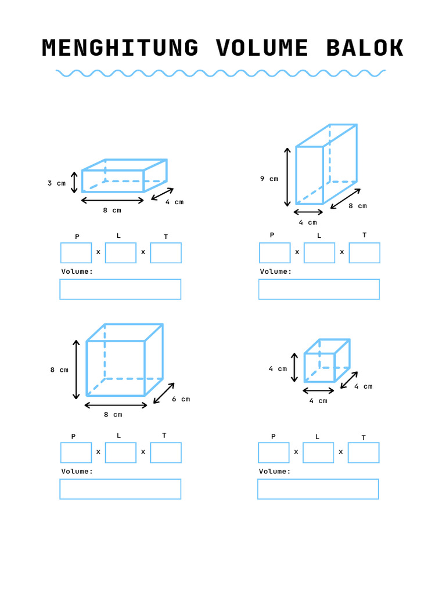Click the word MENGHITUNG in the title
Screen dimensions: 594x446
pos(120,49)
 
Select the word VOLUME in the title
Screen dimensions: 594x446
pos(262,49)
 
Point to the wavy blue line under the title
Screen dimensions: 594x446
pos(221,73)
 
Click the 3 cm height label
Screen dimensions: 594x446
pos(56,183)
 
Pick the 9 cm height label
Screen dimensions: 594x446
pos(269,179)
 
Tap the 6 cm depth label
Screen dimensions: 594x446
pos(181,399)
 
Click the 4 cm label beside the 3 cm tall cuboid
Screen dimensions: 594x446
pos(174,202)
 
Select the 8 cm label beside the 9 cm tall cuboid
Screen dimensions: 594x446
pos(358,206)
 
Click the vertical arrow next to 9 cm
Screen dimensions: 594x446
pos(287,177)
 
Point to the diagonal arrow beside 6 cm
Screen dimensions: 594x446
pos(164,393)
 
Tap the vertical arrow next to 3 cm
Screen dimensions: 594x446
pos(74,182)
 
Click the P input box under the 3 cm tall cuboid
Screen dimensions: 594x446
pos(76,253)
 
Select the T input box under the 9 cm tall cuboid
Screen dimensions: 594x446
pos(364,253)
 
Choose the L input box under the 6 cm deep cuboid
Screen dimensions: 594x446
pos(121,452)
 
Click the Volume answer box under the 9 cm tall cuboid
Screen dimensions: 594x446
pos(319,289)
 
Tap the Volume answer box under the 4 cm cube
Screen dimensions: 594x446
pos(318,489)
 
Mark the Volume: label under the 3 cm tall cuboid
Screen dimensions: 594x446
pos(77,271)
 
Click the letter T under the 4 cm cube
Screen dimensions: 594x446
pos(364,438)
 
